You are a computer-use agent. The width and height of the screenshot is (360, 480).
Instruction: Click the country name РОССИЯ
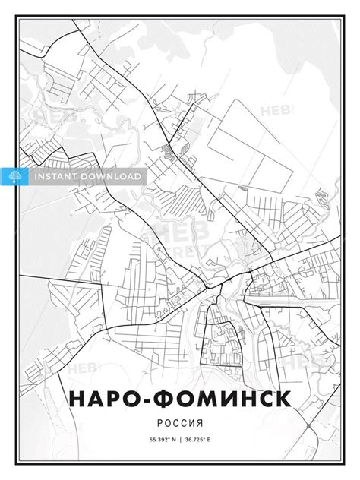tap(180, 422)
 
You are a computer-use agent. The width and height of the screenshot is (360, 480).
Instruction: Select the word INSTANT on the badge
tap(57, 176)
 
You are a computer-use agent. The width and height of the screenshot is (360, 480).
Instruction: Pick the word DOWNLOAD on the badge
tap(112, 176)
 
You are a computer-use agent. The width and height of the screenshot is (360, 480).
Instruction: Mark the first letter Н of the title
tap(79, 399)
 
